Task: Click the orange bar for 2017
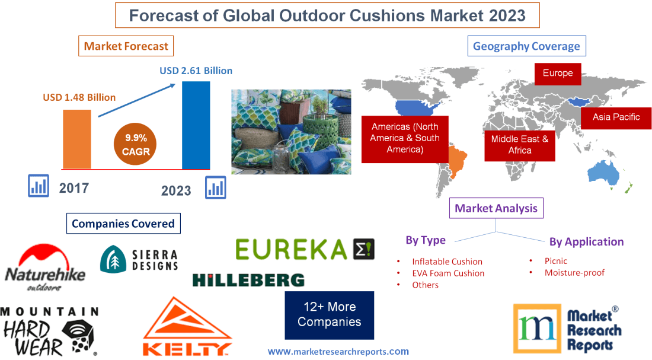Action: coord(77,139)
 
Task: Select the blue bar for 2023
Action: coord(196,125)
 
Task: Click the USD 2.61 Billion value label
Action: coord(196,71)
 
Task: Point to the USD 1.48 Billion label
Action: coord(79,97)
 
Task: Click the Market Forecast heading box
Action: coord(126,46)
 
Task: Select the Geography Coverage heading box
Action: coord(526,46)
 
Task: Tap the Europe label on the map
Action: coord(558,74)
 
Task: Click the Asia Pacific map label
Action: coord(616,117)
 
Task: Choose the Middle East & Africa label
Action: coord(519,145)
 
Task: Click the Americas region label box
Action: coord(405,138)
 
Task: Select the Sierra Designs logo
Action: coord(139,259)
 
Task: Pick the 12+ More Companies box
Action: coord(329,314)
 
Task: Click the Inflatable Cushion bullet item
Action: coord(447,262)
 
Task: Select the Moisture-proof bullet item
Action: coord(574,273)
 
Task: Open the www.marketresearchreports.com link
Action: coord(338,352)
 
